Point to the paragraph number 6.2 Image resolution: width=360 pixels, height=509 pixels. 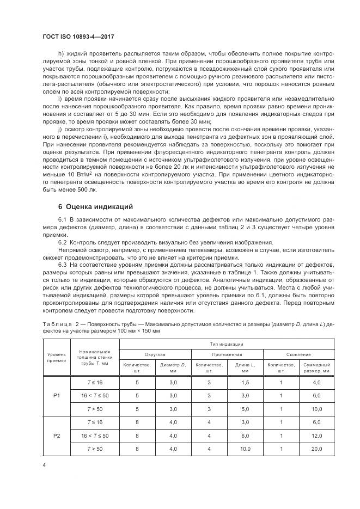tap(62, 242)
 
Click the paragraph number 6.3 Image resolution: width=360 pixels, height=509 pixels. tap(62, 264)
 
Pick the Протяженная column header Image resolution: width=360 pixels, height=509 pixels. tap(227, 354)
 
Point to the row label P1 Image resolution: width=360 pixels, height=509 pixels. tap(57, 395)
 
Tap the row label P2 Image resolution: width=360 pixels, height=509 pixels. tap(57, 436)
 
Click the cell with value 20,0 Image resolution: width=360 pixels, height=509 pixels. tap(316, 449)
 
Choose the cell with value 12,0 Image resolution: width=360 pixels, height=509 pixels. tap(316, 436)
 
